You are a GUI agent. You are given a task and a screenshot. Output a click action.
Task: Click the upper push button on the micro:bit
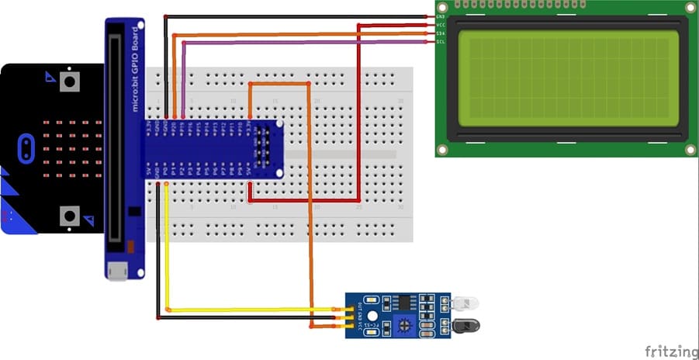tap(71, 81)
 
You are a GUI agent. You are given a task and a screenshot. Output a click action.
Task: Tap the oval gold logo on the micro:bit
tap(26, 146)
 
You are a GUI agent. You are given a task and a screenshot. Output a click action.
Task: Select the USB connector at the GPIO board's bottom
tap(118, 272)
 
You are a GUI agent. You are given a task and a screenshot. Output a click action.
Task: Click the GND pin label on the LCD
tap(441, 16)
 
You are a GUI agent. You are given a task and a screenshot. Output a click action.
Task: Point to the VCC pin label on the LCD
tap(441, 25)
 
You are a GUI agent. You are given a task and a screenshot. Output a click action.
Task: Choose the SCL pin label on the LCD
tap(441, 41)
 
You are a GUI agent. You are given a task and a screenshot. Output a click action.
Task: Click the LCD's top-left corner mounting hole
tap(443, 7)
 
